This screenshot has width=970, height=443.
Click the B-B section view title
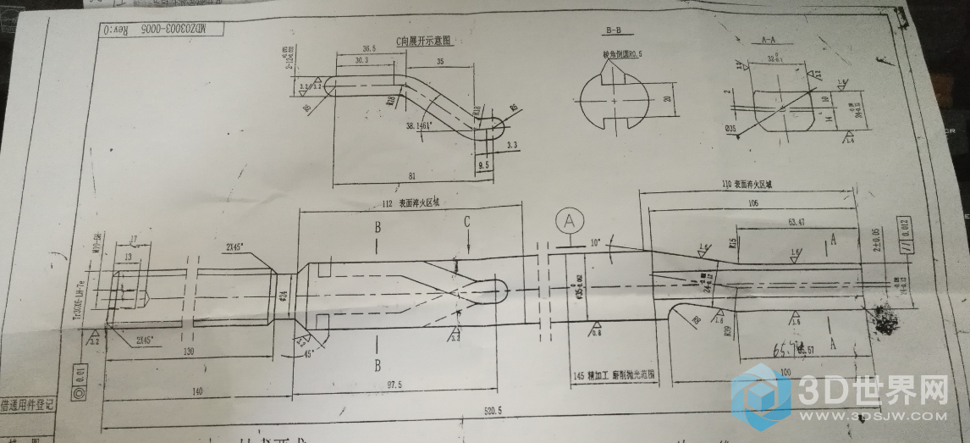pyautogui.click(x=613, y=31)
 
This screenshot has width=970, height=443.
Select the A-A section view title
pyautogui.click(x=769, y=40)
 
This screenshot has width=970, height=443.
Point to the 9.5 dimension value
pyautogui.click(x=484, y=166)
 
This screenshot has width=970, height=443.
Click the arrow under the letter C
pyautogui.click(x=467, y=246)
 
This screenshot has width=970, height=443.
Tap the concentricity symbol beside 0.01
pyautogui.click(x=80, y=393)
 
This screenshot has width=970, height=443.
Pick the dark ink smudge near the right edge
pyautogui.click(x=886, y=322)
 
